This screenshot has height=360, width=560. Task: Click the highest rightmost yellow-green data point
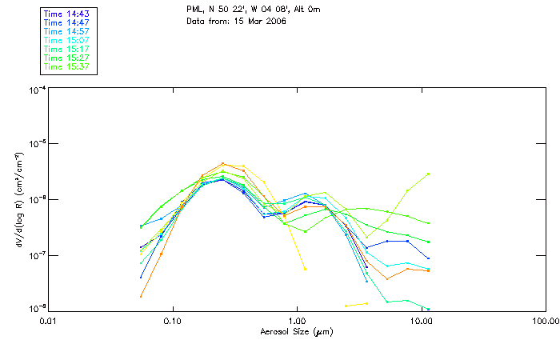pyautogui.click(x=429, y=174)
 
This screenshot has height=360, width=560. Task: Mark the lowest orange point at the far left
pyautogui.click(x=141, y=297)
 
